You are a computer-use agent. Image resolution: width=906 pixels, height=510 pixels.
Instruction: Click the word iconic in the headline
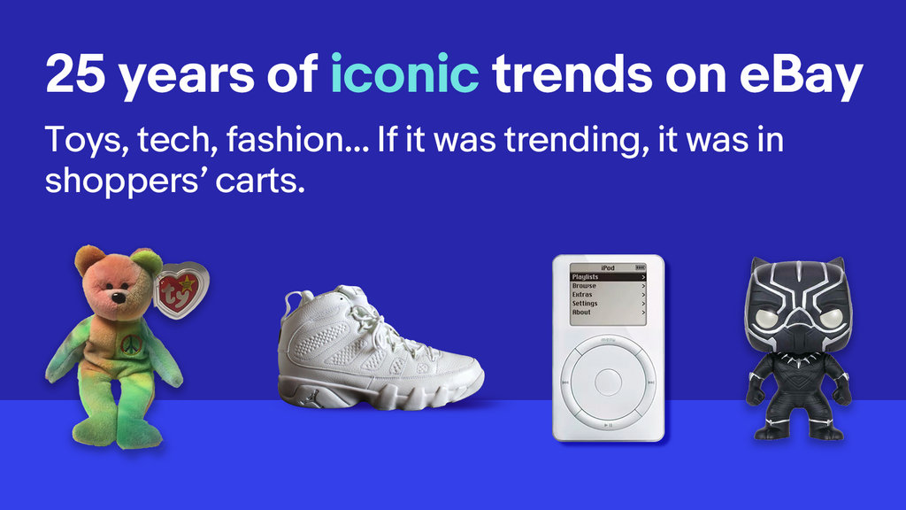[404, 75]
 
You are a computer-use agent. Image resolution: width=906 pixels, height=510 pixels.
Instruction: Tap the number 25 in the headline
[75, 75]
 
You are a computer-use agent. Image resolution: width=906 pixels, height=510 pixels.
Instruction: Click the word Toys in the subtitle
[79, 141]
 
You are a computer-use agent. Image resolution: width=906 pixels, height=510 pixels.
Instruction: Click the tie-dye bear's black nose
[118, 297]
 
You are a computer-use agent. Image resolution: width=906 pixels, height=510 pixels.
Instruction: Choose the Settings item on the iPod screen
[586, 304]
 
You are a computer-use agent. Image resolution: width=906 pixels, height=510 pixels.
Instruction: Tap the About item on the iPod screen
[581, 313]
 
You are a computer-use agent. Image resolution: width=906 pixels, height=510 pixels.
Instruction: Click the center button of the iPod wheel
[608, 382]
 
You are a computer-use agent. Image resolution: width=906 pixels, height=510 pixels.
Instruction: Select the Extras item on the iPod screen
[583, 295]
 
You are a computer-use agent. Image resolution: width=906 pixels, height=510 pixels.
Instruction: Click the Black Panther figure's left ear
[758, 267]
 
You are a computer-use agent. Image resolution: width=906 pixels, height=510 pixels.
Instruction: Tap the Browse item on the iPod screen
[584, 286]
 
